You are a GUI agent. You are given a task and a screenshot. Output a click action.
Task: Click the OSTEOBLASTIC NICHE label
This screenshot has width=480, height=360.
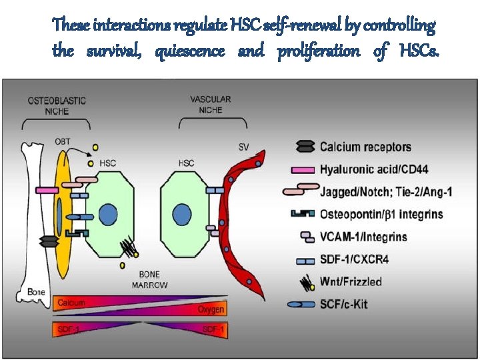pyautogui.click(x=56, y=106)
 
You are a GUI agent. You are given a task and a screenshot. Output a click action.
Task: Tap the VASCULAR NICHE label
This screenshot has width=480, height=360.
pyautogui.click(x=211, y=105)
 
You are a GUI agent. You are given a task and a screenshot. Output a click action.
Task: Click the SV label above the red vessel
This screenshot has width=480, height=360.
pyautogui.click(x=245, y=147)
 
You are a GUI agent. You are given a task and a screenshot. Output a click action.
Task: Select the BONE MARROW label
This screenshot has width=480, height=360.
pyautogui.click(x=149, y=280)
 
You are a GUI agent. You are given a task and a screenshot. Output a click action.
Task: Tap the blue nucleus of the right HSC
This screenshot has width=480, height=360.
pyautogui.click(x=182, y=215)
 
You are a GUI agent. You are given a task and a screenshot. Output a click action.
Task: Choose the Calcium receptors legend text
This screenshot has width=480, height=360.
pyautogui.click(x=365, y=147)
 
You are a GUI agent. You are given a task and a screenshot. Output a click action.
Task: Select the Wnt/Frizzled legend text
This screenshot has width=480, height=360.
pyautogui.click(x=351, y=281)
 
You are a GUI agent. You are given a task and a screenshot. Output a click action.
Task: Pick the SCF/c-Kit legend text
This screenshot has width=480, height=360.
pyautogui.click(x=343, y=304)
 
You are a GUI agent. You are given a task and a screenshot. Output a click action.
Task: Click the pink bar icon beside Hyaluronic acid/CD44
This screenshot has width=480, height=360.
pyautogui.click(x=304, y=170)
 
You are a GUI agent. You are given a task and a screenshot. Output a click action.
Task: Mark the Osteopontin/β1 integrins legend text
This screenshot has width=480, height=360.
pyautogui.click(x=381, y=215)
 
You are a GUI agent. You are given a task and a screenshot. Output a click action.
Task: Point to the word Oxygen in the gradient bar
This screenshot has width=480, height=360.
pyautogui.click(x=211, y=310)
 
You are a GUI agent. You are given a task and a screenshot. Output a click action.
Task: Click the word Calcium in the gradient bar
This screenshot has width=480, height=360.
pyautogui.click(x=71, y=303)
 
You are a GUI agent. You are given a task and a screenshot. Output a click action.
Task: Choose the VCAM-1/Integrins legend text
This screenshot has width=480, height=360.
pyautogui.click(x=363, y=237)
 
